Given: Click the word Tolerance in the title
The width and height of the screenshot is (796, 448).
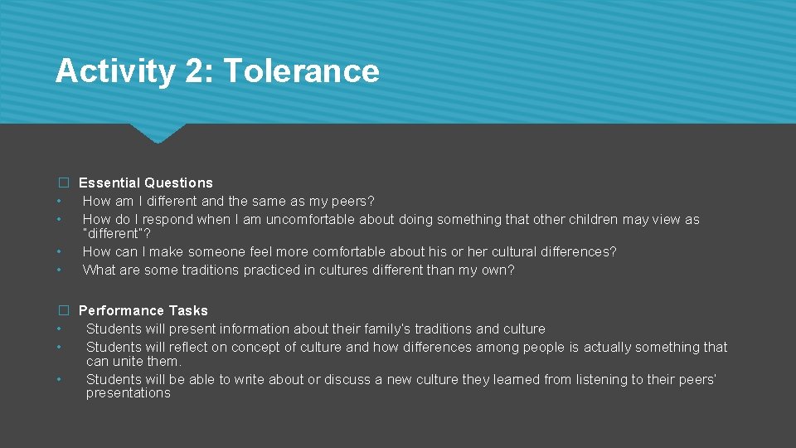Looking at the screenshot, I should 301,71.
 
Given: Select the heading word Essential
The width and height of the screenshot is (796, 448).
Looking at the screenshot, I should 109,183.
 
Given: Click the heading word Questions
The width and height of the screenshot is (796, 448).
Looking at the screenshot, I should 178,183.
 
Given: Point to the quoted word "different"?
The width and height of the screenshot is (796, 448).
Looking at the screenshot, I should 117,234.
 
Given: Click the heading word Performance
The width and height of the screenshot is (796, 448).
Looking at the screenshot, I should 121,310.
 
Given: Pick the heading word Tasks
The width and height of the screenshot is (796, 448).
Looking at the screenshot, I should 188,310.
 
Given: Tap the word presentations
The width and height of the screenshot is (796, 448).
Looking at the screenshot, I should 129,393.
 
